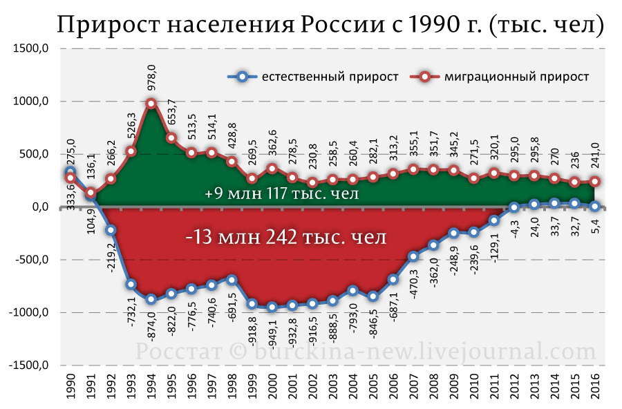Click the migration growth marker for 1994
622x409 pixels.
(151, 104)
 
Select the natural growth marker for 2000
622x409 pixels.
(272, 307)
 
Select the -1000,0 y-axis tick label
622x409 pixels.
(31, 312)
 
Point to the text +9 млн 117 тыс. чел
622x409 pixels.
(282, 193)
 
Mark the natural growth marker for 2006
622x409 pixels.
(393, 280)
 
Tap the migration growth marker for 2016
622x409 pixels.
(593, 182)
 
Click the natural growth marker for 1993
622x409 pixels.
(131, 285)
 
